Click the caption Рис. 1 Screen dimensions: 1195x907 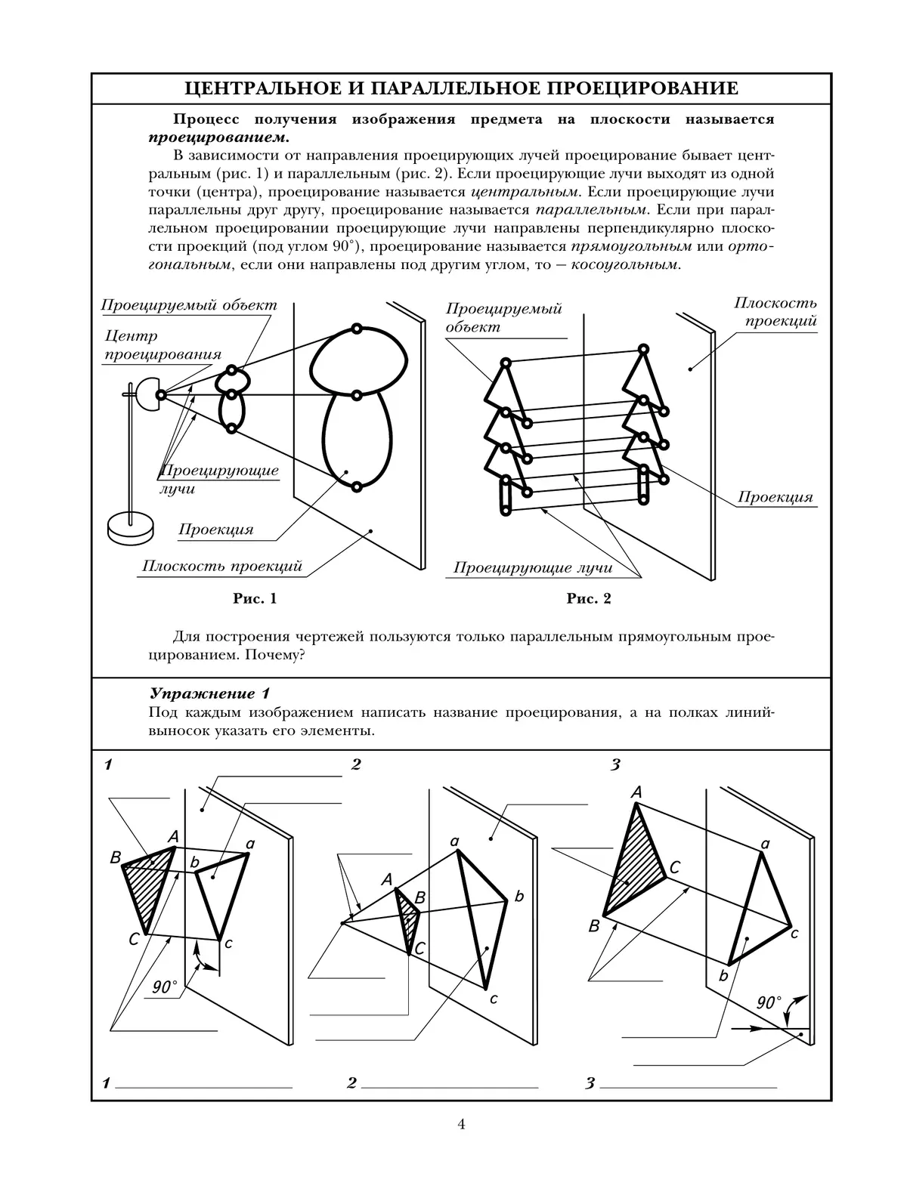point(255,599)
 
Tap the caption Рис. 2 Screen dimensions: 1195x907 point(589,599)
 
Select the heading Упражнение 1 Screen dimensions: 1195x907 point(209,693)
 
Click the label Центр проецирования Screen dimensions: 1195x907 point(163,345)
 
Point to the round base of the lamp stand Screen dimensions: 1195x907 point(130,526)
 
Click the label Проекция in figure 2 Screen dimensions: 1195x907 point(775,497)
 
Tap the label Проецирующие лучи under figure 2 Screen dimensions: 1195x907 point(532,567)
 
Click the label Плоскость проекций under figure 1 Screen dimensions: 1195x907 point(222,567)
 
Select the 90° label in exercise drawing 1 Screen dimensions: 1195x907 point(164,987)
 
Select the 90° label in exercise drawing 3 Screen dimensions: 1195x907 point(769,1003)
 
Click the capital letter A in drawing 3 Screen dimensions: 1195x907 point(636,792)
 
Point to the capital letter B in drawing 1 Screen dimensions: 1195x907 point(116,857)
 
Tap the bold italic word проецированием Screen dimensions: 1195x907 point(218,137)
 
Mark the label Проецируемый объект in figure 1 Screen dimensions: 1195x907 point(189,305)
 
